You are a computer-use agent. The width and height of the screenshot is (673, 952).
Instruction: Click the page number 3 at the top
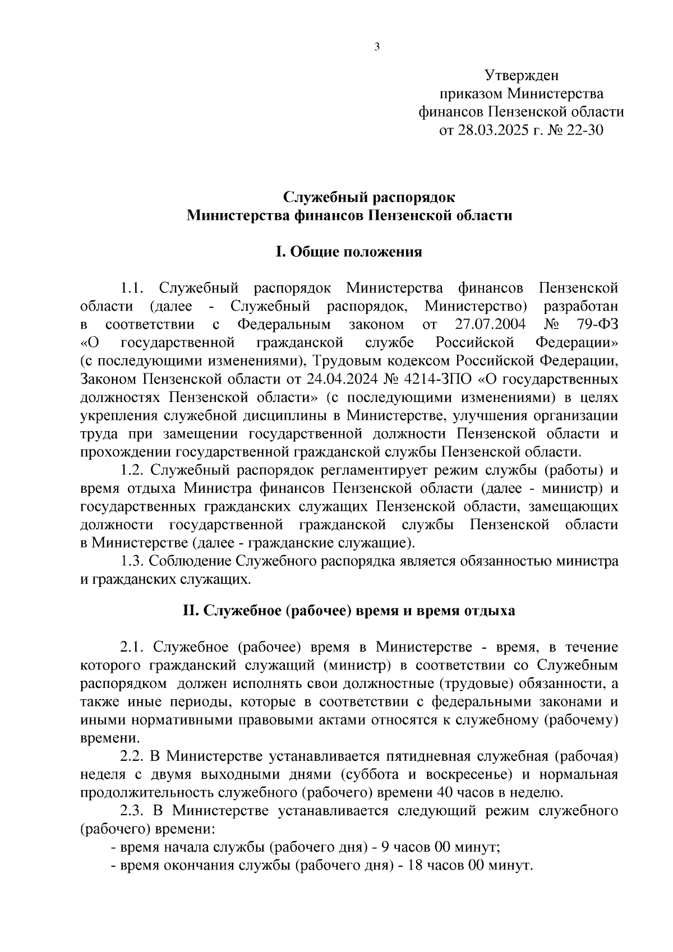(377, 47)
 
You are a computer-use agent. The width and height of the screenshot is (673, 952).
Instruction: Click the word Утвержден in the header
(522, 75)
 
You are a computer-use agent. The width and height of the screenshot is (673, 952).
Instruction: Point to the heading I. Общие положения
(348, 252)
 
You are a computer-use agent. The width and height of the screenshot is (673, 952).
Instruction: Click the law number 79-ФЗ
(597, 325)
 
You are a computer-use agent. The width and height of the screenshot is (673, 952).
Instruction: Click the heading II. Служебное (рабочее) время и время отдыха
(348, 611)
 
